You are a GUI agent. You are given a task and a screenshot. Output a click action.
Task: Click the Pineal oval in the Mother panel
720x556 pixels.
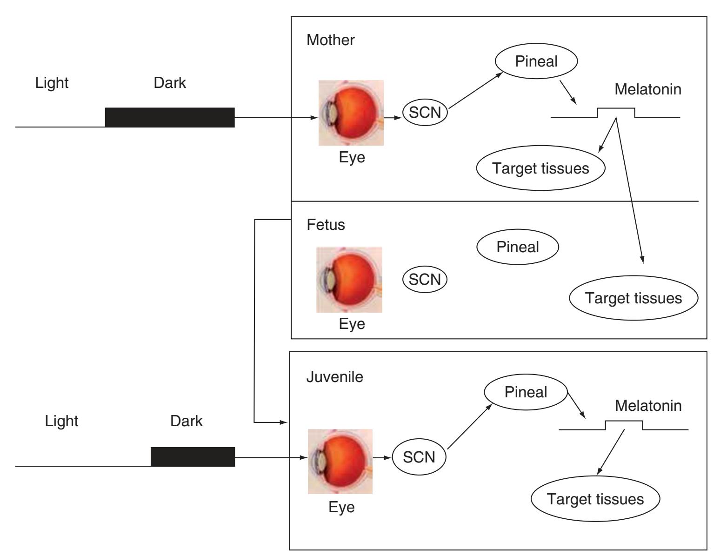pos(536,61)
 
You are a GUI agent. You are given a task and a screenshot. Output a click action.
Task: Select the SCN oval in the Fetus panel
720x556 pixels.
pos(424,279)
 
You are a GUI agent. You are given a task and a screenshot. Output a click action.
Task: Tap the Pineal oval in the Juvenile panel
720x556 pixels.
pos(526,392)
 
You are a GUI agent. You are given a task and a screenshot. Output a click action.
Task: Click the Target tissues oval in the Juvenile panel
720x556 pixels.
pos(595,499)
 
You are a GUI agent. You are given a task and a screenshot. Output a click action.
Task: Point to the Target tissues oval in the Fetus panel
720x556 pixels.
pos(633,298)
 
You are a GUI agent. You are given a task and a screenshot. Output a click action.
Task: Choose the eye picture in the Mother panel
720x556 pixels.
pos(351,113)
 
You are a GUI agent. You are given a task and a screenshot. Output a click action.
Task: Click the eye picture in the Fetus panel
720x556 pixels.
pos(349,280)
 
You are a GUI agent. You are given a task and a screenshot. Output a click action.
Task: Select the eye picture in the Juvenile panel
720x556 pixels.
pos(340,461)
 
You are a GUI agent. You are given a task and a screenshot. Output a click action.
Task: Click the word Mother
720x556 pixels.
pos(330,40)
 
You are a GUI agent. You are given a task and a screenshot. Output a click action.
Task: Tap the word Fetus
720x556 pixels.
pos(326,225)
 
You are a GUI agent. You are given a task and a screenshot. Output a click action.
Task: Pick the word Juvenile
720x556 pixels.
pos(334,376)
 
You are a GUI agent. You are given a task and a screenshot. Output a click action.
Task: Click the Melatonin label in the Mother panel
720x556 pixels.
pos(648,89)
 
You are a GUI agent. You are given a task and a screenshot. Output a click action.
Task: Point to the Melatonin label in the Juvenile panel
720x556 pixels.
pos(648,406)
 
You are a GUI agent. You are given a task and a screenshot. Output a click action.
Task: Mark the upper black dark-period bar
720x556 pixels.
pos(170,117)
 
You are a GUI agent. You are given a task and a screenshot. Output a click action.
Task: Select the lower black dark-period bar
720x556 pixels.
pos(193,457)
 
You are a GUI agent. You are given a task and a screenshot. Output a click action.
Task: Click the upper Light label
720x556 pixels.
pos(52,83)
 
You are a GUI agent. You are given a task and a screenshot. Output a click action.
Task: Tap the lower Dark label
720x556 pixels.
pos(186,421)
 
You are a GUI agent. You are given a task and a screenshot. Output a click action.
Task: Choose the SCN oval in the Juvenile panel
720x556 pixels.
pos(419,457)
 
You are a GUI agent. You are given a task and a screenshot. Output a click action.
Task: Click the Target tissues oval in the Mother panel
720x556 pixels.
pos(540,168)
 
